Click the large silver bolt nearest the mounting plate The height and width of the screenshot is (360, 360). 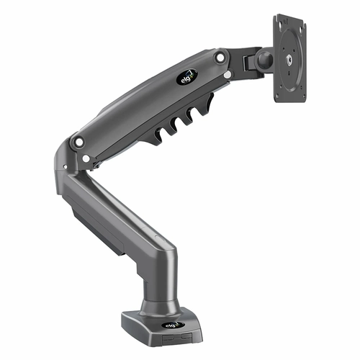(x=220, y=58)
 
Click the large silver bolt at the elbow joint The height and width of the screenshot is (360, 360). (x=78, y=142)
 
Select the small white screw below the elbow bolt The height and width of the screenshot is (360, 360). (x=86, y=158)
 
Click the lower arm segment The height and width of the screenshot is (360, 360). (x=122, y=209)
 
